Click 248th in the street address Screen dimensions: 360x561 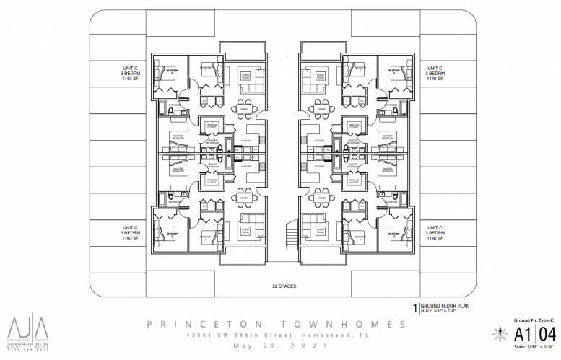tap(246, 335)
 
